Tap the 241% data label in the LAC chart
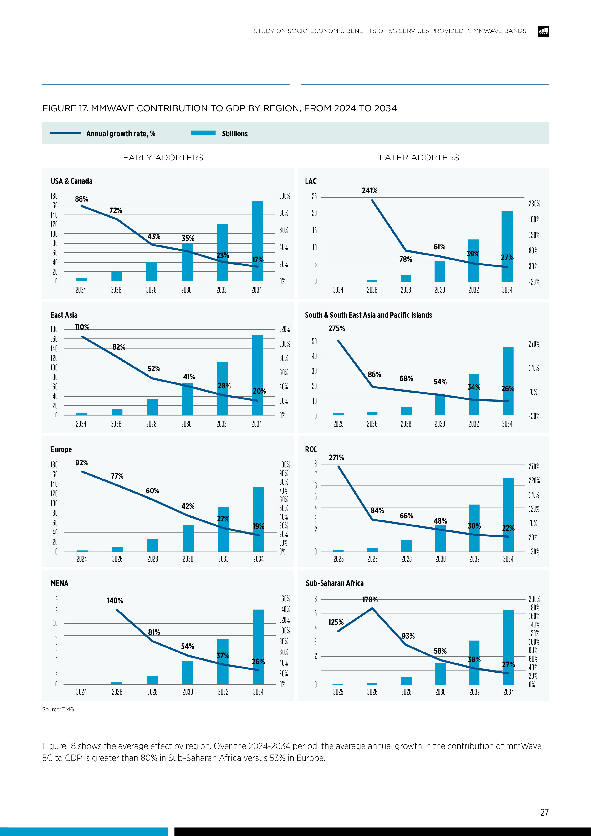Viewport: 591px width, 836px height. (x=370, y=190)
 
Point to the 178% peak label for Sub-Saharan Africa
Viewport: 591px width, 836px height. (x=370, y=600)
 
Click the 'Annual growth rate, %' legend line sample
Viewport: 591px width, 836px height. (x=65, y=133)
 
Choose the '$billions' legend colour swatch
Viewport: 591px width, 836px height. (x=203, y=133)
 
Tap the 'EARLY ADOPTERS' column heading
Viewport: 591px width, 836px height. (x=163, y=158)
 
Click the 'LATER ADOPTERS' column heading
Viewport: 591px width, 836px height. (x=419, y=158)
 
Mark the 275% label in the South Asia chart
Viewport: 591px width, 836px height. (x=336, y=328)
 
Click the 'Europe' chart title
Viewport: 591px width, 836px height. (x=61, y=449)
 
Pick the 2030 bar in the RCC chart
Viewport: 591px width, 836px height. (x=440, y=539)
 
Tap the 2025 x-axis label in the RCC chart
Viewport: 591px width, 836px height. (x=339, y=559)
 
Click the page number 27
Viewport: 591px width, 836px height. (x=544, y=812)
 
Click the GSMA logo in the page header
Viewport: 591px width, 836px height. (x=543, y=31)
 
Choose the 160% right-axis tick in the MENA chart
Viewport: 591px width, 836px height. (x=284, y=599)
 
